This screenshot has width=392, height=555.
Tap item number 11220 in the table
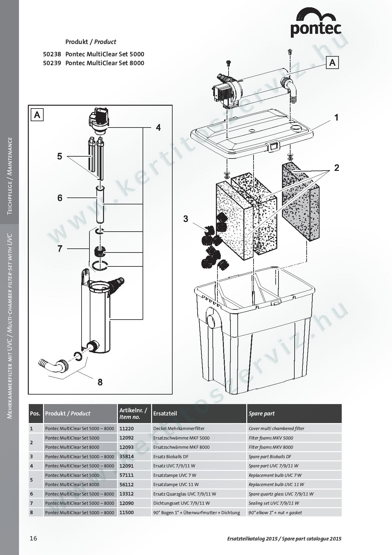click(x=126, y=428)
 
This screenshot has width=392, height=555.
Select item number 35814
click(x=126, y=456)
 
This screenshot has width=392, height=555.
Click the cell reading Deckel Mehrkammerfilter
click(x=179, y=428)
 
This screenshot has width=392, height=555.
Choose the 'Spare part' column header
click(x=261, y=414)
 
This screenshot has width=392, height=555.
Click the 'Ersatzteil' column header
click(x=165, y=414)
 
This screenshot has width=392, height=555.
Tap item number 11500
click(x=126, y=512)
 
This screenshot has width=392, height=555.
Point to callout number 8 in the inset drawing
click(x=100, y=382)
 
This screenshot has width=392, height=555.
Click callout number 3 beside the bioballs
click(x=186, y=219)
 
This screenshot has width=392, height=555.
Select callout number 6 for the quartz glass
click(x=60, y=198)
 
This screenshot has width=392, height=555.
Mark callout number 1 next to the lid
click(x=336, y=117)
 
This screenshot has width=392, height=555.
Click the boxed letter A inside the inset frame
click(x=37, y=115)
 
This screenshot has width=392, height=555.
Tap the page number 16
click(x=33, y=538)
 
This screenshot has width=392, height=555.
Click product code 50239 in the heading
click(x=52, y=63)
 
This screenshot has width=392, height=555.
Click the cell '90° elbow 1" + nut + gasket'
click(x=275, y=512)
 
